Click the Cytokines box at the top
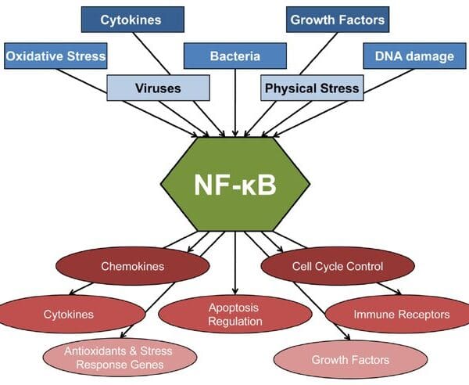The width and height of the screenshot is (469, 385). pyautogui.click(x=131, y=19)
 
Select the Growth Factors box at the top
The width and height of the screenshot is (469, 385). pyautogui.click(x=337, y=19)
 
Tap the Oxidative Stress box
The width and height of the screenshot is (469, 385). pyautogui.click(x=55, y=56)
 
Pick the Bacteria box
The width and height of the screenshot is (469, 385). pyautogui.click(x=234, y=56)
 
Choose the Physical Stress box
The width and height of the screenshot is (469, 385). pyautogui.click(x=311, y=88)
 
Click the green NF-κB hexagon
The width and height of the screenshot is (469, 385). pyautogui.click(x=234, y=185)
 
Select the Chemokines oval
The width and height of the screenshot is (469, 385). pyautogui.click(x=132, y=267)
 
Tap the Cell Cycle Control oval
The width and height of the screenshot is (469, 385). pyautogui.click(x=337, y=267)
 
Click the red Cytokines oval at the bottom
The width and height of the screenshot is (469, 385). pyautogui.click(x=68, y=315)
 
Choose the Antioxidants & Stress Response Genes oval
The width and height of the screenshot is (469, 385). pyautogui.click(x=119, y=358)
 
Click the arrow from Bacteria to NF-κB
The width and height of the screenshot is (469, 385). pyautogui.click(x=234, y=102)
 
